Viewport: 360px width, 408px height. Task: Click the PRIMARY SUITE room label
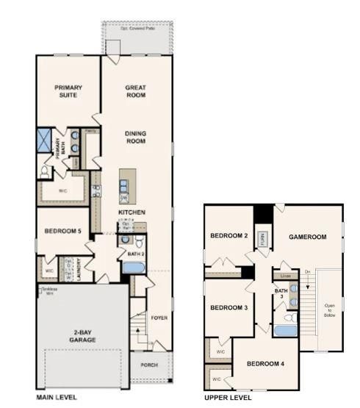click(x=68, y=91)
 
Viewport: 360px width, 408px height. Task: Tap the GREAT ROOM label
click(x=136, y=91)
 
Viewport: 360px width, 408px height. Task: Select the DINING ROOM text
click(x=136, y=137)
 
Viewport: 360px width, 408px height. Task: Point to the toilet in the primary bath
click(x=46, y=171)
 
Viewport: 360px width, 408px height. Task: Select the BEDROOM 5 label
click(x=63, y=232)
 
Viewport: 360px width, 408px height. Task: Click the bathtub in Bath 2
click(x=134, y=266)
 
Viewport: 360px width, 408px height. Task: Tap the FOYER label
click(x=159, y=318)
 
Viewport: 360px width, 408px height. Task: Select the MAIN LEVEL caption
click(x=57, y=397)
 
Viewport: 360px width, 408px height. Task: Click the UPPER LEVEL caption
click(x=228, y=397)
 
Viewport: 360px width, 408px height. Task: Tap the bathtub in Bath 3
click(x=286, y=330)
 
